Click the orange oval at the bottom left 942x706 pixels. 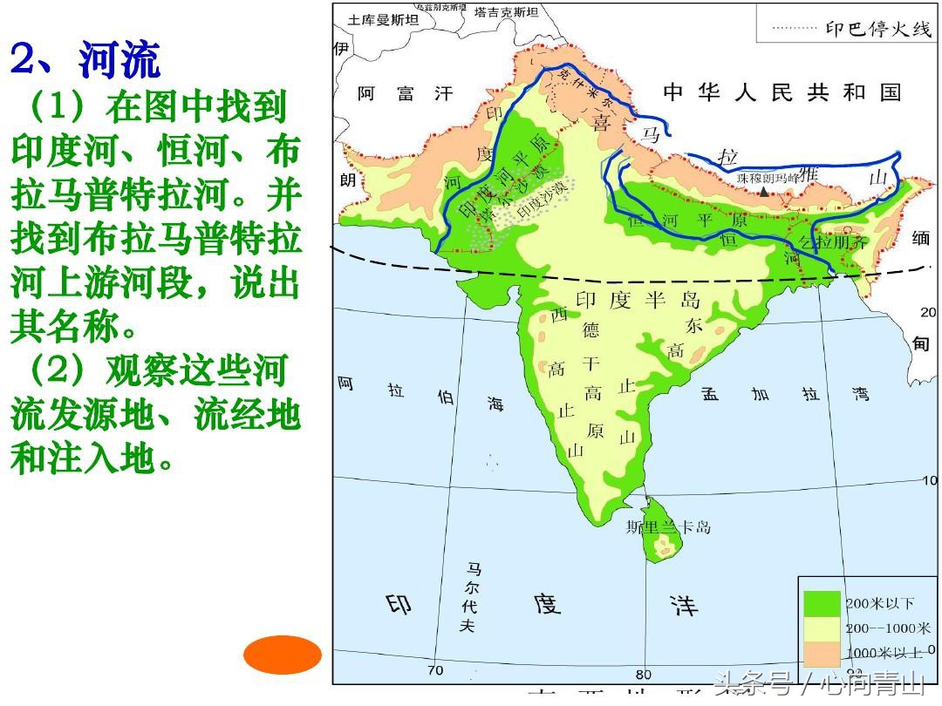pyautogui.click(x=283, y=655)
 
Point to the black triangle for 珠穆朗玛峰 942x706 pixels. pyautogui.click(x=764, y=189)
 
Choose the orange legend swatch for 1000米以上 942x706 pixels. pyautogui.click(x=822, y=652)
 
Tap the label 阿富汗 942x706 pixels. pyautogui.click(x=406, y=93)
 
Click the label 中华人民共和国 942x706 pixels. pyautogui.click(x=781, y=92)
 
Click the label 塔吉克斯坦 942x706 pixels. pyautogui.click(x=506, y=12)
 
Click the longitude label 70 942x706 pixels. pyautogui.click(x=434, y=670)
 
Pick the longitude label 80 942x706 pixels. pyautogui.click(x=643, y=674)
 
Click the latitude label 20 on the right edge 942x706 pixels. pyautogui.click(x=928, y=312)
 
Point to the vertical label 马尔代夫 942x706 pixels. pyautogui.click(x=471, y=597)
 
